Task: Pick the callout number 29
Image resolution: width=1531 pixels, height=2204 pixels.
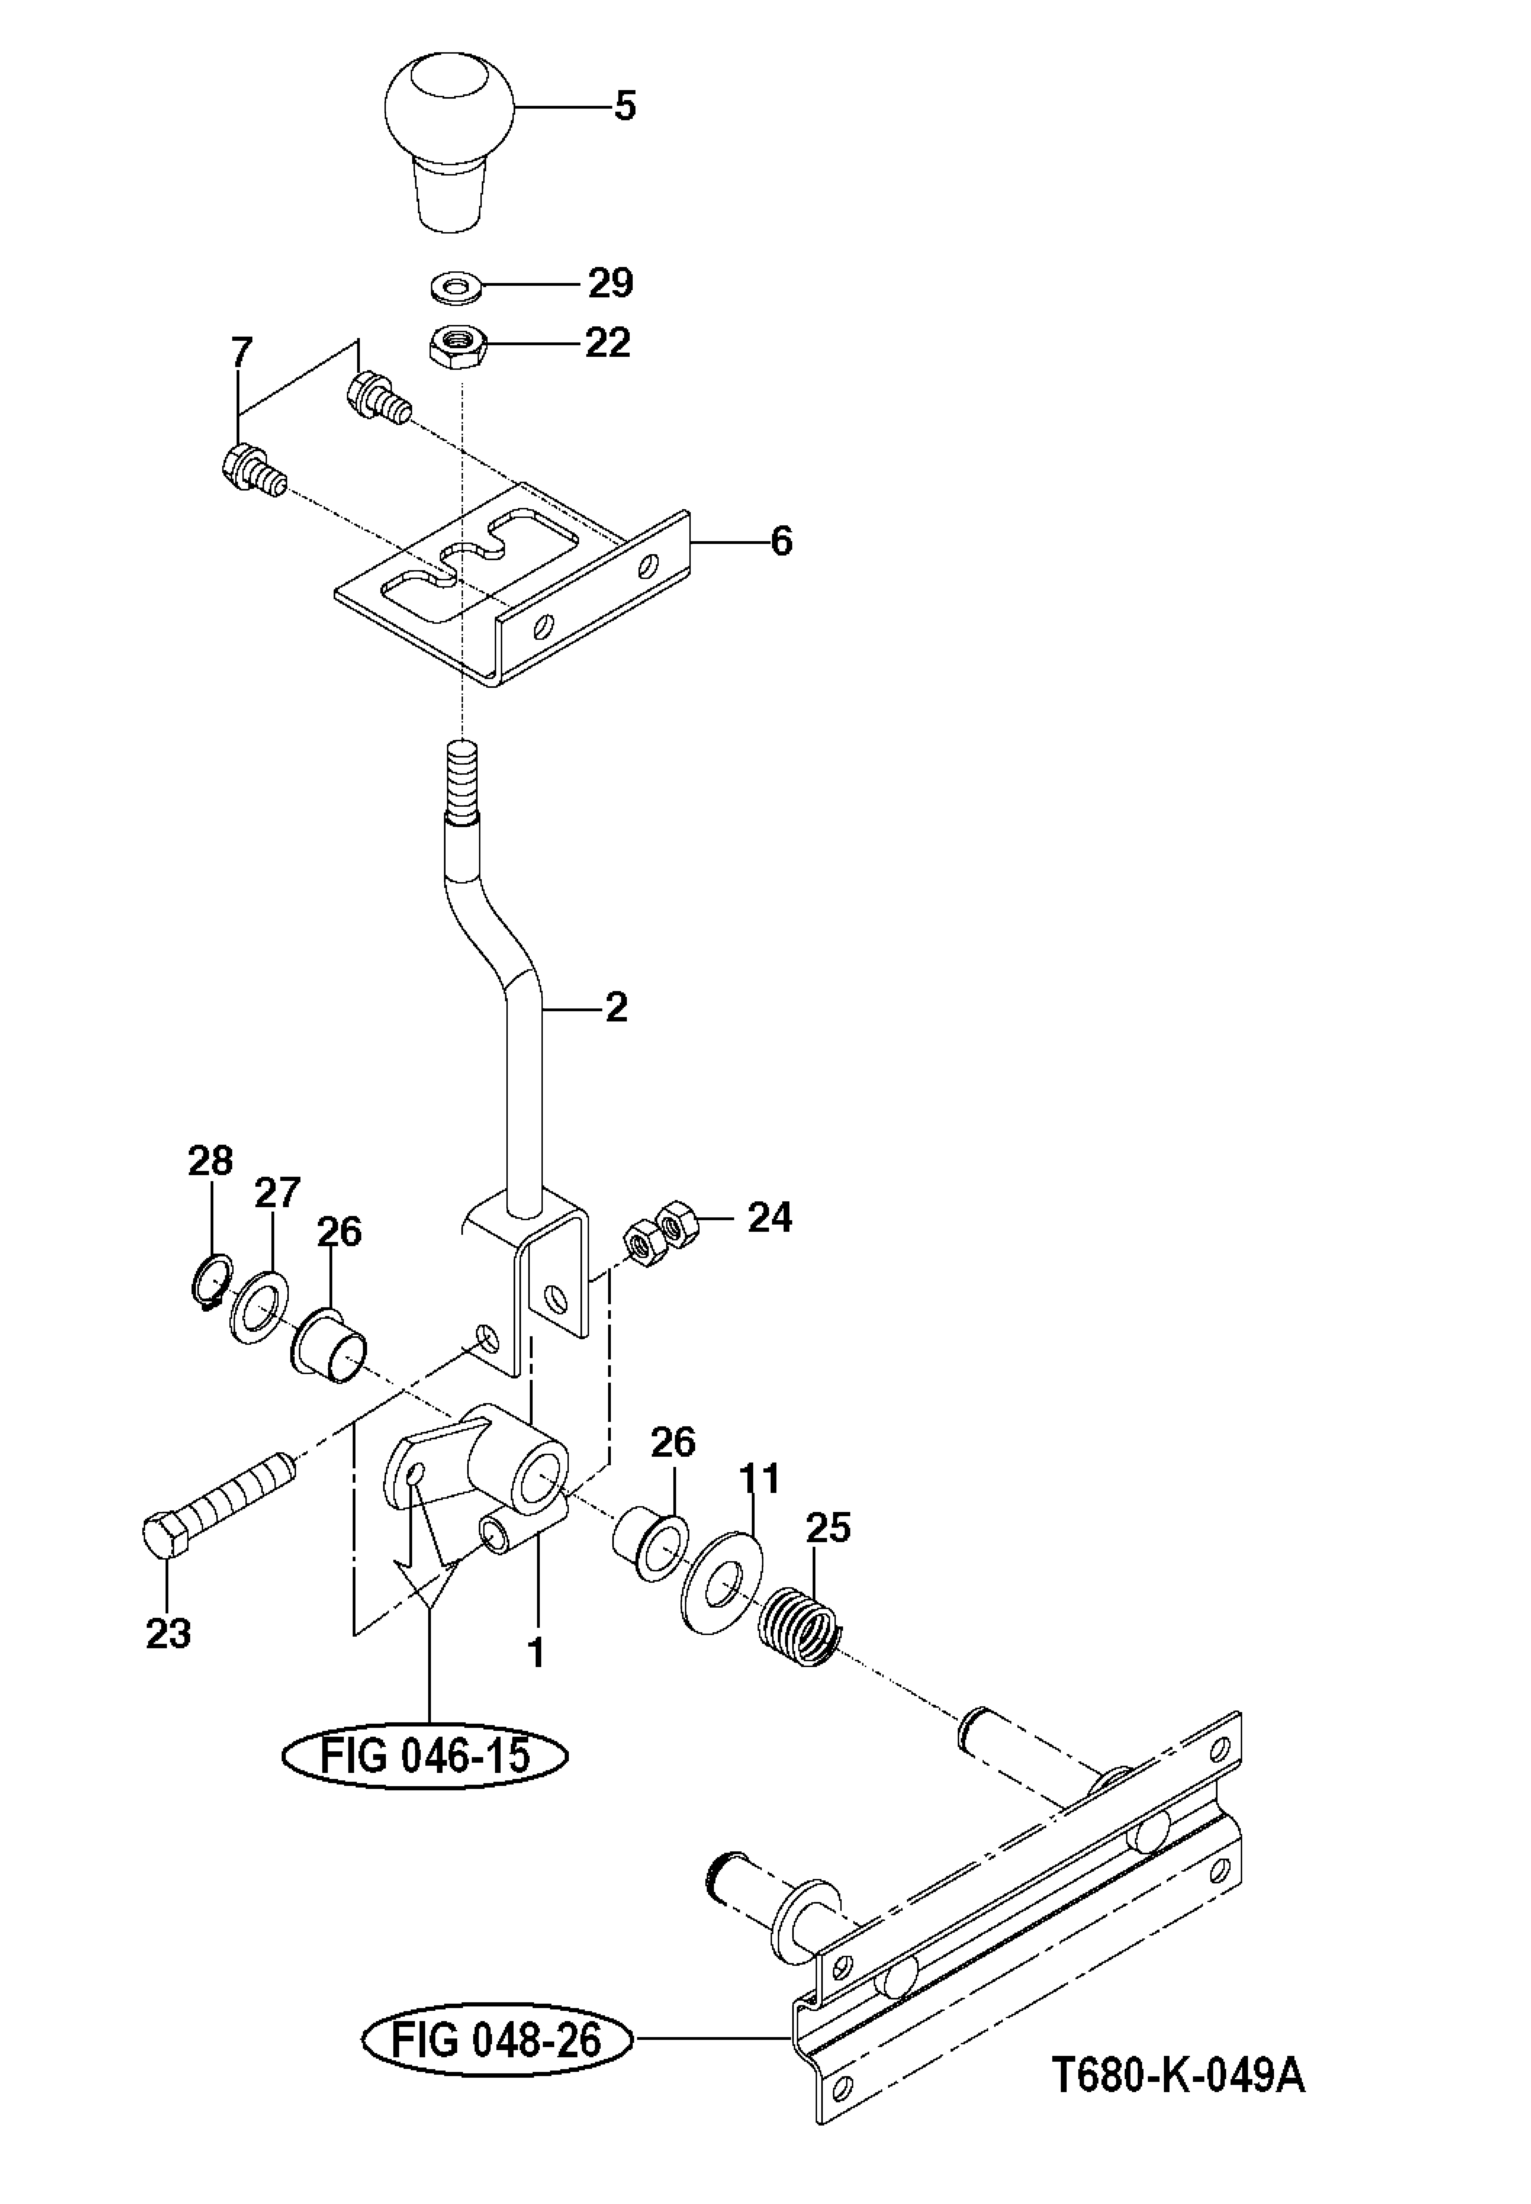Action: (x=611, y=284)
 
